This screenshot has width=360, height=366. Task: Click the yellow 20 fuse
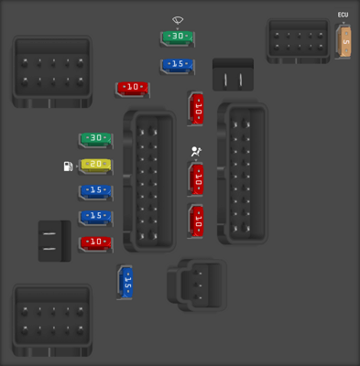click(95, 166)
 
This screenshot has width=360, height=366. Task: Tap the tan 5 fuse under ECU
click(344, 42)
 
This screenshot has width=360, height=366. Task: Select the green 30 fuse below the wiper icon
click(178, 38)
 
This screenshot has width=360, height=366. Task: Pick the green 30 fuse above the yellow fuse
click(95, 139)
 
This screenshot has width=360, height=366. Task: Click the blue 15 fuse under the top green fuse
click(178, 65)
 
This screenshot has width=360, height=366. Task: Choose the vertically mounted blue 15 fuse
click(126, 283)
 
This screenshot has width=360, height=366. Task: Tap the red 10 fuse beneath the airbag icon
click(196, 178)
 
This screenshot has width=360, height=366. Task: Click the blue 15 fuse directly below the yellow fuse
click(95, 191)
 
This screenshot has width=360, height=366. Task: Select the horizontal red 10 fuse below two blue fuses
click(95, 242)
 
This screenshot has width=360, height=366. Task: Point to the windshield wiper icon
click(178, 19)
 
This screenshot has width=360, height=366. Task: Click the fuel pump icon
click(69, 167)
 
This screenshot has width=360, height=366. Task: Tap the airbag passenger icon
click(196, 153)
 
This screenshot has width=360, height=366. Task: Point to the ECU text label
click(344, 15)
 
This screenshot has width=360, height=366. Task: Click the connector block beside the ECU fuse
click(298, 40)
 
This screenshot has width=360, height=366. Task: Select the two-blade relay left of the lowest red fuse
click(54, 241)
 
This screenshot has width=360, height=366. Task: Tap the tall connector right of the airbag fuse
click(243, 173)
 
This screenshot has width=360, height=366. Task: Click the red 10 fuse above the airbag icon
click(196, 110)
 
